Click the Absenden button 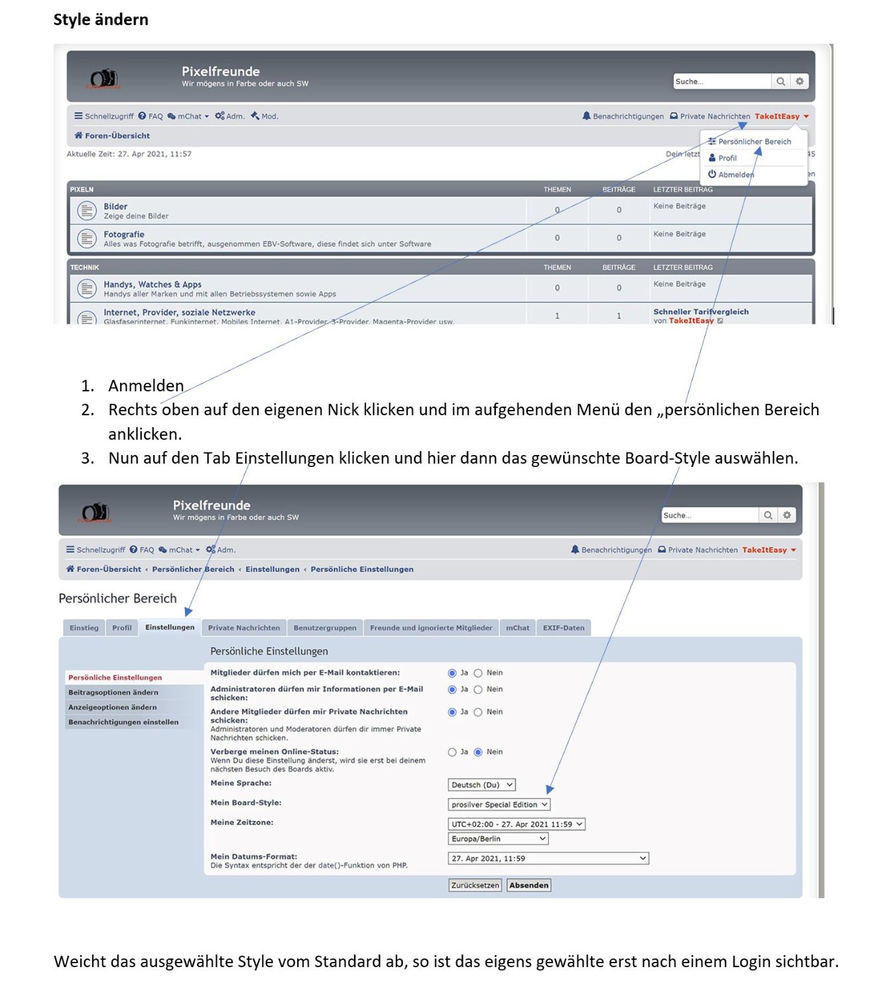pyautogui.click(x=529, y=885)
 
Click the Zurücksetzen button pyautogui.click(x=474, y=885)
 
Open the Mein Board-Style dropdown pyautogui.click(x=499, y=805)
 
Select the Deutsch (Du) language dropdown pyautogui.click(x=481, y=785)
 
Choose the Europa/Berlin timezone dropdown pyautogui.click(x=498, y=838)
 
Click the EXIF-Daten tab pyautogui.click(x=563, y=628)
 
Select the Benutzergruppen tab pyautogui.click(x=324, y=628)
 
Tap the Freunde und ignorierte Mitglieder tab pyautogui.click(x=430, y=628)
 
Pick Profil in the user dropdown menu pyautogui.click(x=727, y=158)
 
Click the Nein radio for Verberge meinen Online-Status pyautogui.click(x=478, y=752)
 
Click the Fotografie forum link pyautogui.click(x=123, y=234)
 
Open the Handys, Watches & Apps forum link pyautogui.click(x=152, y=284)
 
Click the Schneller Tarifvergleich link pyautogui.click(x=700, y=312)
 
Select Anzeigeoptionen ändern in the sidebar pyautogui.click(x=112, y=707)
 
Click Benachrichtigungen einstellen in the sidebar pyautogui.click(x=123, y=722)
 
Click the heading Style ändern pyautogui.click(x=101, y=20)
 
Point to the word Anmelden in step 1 pyautogui.click(x=146, y=385)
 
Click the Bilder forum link pyautogui.click(x=115, y=206)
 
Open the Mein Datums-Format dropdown pyautogui.click(x=548, y=858)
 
